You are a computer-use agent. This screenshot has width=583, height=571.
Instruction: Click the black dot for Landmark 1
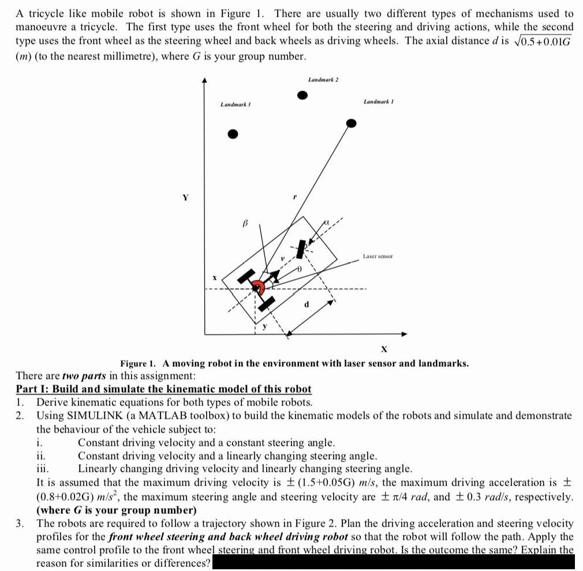click(351, 123)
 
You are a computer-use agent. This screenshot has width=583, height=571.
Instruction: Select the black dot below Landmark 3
click(232, 134)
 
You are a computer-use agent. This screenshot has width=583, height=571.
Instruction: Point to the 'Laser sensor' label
click(378, 256)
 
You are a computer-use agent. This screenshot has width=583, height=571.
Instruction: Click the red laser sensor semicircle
click(257, 285)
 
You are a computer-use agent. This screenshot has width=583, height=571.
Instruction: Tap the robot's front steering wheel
click(300, 249)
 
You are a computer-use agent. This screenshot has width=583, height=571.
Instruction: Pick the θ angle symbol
click(300, 269)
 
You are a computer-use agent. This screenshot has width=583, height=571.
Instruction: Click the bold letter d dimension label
click(307, 303)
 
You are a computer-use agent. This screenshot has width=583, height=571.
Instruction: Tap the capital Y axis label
click(185, 197)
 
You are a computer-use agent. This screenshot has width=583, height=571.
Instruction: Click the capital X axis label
click(383, 350)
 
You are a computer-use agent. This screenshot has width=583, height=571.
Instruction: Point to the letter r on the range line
click(295, 197)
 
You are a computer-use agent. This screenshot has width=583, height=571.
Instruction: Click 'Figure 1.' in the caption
click(139, 363)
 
